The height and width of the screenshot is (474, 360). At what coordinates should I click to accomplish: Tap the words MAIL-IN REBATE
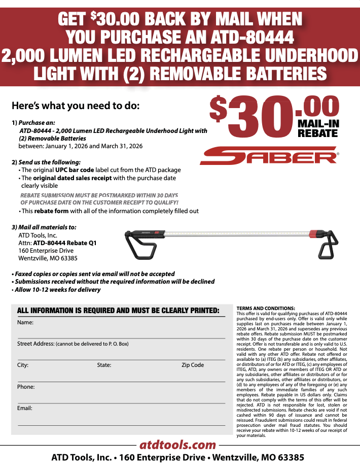tap(318, 128)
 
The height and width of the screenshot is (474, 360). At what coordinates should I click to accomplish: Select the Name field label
tap(25, 323)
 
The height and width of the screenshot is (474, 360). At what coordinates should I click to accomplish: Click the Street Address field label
tap(35, 344)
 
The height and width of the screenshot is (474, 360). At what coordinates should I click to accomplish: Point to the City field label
tap(23, 365)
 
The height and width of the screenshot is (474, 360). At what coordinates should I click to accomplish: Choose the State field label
tap(104, 365)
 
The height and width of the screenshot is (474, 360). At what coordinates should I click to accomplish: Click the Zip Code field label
tap(193, 365)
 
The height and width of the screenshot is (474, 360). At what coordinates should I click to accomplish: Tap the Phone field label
tap(26, 387)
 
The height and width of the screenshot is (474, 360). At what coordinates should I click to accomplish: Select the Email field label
tap(25, 408)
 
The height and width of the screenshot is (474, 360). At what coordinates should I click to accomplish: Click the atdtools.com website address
tap(178, 445)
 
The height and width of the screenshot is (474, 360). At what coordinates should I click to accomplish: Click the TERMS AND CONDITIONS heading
tap(266, 309)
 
